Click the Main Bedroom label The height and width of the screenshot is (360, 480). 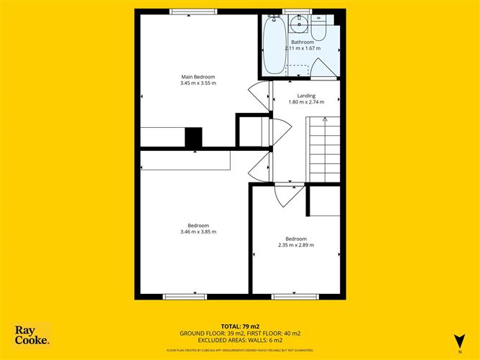[x=198, y=77]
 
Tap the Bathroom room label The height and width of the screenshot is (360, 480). [x=303, y=42]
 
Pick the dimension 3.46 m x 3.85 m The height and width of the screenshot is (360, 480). [x=198, y=231]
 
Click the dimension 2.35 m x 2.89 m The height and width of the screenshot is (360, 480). [x=296, y=245]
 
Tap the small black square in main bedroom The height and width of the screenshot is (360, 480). [x=194, y=137]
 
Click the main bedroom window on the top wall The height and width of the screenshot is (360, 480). [x=194, y=10]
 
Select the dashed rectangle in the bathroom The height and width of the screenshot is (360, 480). [x=299, y=70]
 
